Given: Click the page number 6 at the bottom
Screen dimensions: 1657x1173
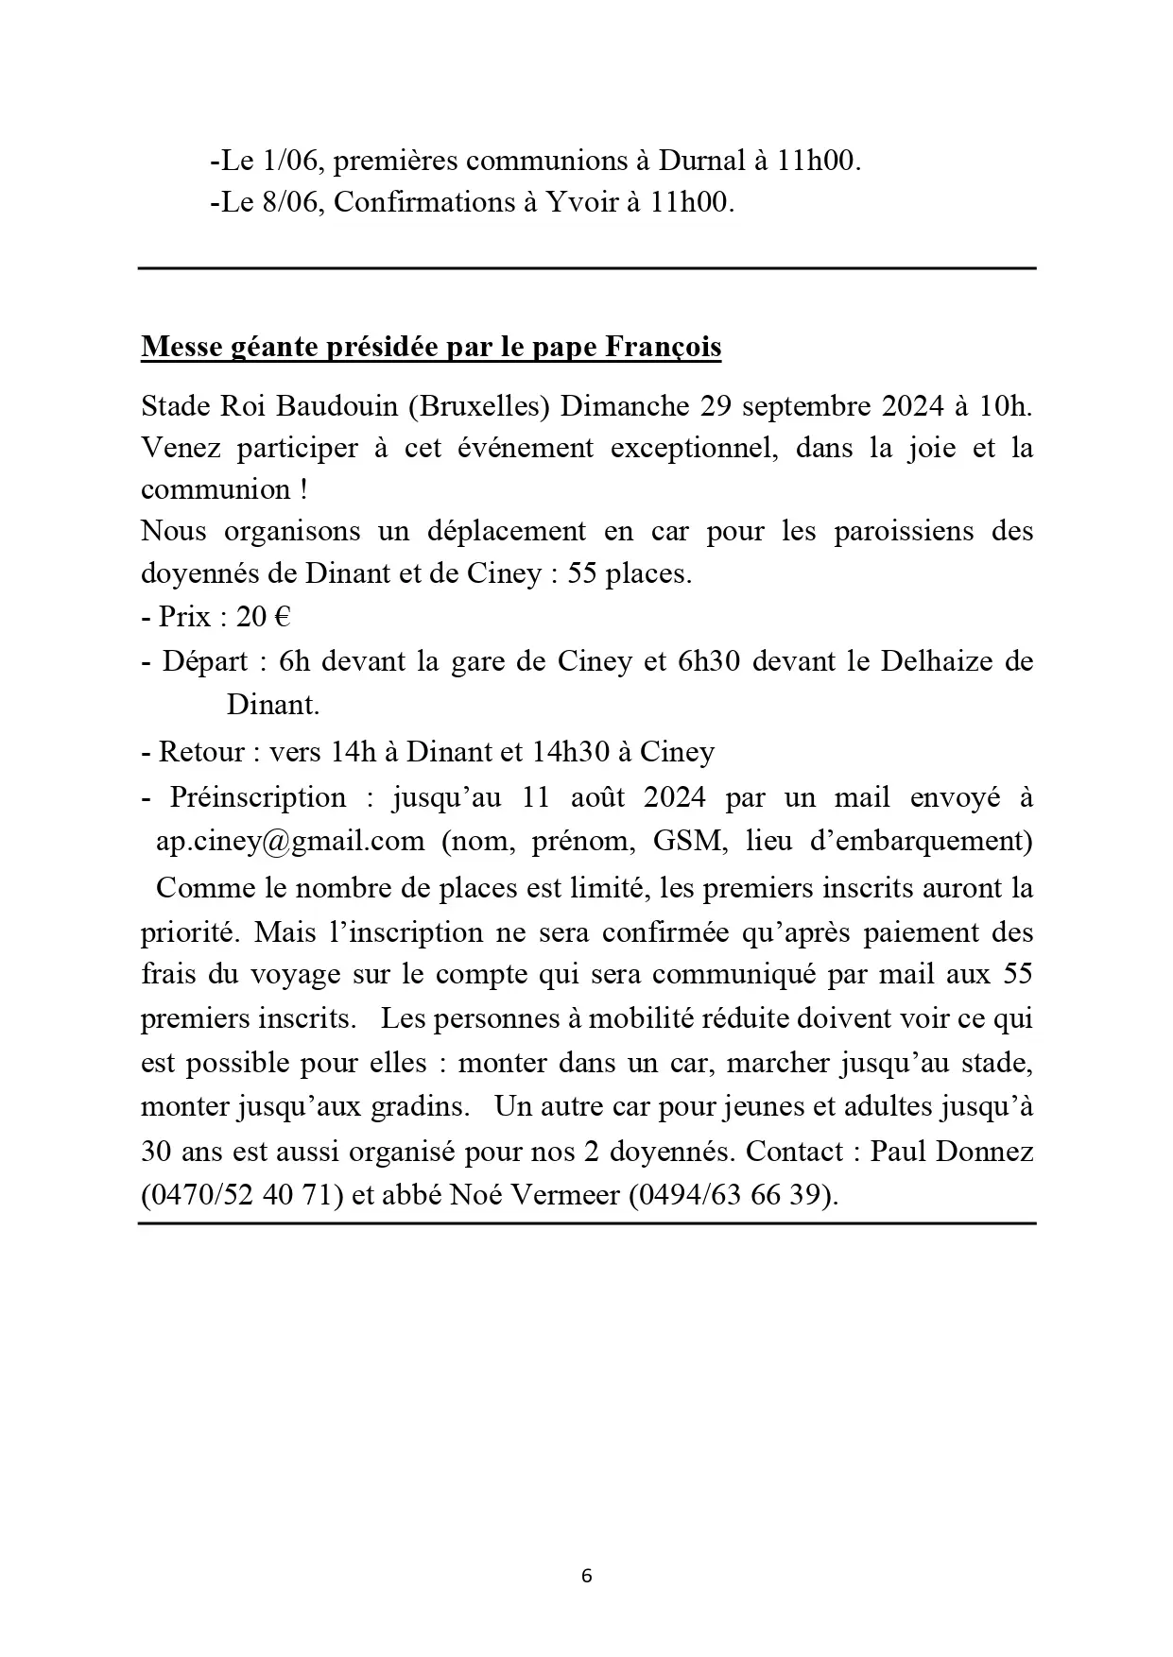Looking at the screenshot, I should tap(587, 1576).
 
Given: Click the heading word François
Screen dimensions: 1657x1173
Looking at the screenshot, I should tap(663, 348).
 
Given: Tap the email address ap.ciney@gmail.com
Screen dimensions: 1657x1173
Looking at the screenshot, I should tap(290, 841).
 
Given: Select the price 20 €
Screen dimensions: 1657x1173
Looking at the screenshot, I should tap(263, 617).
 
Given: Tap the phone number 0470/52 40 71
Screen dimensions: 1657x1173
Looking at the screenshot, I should tap(241, 1195).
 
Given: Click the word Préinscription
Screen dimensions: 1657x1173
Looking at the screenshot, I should tap(258, 797).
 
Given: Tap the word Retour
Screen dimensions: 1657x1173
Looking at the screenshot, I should tap(202, 752).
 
